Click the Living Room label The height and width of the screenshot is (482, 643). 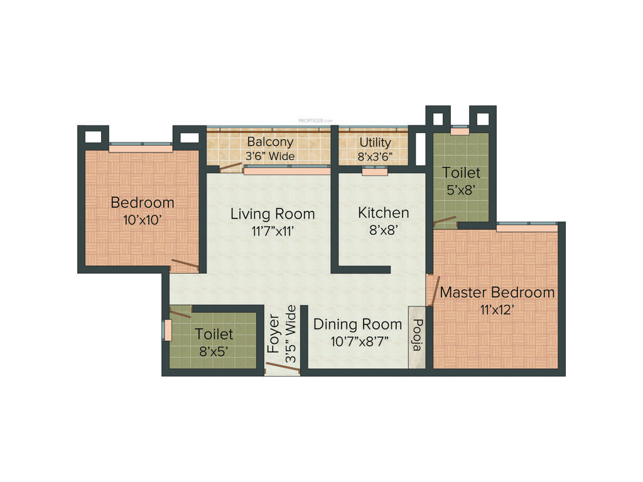coord(273,213)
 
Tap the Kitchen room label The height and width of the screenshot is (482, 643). coord(383,213)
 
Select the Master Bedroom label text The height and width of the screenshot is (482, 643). coord(497,292)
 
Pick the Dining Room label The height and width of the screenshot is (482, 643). coord(357,324)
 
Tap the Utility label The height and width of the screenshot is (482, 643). coord(375,142)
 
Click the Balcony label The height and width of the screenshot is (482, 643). coord(270,142)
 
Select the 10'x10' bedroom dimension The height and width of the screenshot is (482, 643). coord(143,220)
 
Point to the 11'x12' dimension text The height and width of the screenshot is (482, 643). coord(497,309)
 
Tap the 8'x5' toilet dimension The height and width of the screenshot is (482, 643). coord(213,351)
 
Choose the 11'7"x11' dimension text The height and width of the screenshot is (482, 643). coord(273,231)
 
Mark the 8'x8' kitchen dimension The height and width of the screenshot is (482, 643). coord(383,230)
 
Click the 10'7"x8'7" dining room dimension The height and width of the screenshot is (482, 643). coord(357,342)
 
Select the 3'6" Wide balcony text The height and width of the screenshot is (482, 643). coord(270,156)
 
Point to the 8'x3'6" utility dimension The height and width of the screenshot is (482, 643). coord(375,156)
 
